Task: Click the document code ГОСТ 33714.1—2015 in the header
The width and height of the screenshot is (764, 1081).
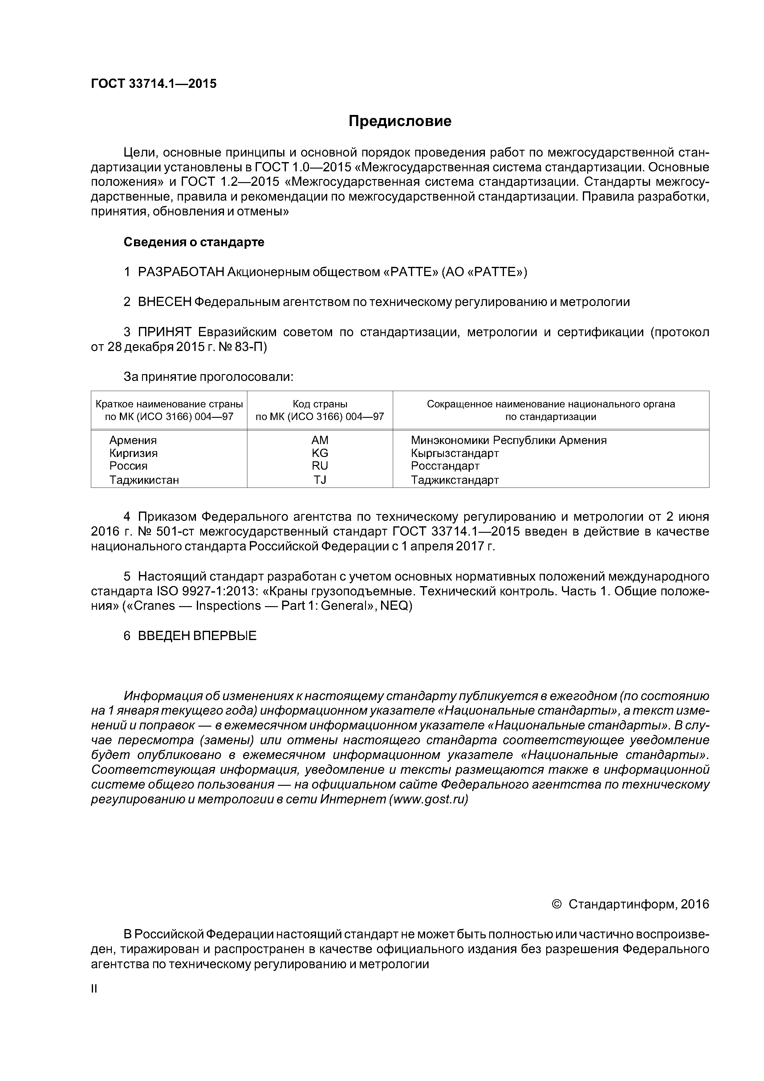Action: (153, 84)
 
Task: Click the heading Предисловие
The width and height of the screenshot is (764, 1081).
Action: (400, 121)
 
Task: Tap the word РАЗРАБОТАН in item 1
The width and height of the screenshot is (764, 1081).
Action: (181, 272)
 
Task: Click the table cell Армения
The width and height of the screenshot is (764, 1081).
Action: (133, 440)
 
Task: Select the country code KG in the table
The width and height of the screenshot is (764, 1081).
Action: (320, 453)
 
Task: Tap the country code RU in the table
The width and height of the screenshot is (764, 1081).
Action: (320, 466)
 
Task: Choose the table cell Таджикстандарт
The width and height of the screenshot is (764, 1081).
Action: (455, 480)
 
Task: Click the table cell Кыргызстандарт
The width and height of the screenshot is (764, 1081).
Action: (455, 453)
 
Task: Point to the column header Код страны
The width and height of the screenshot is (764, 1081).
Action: (320, 404)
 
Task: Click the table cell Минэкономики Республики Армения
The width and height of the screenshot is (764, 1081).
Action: (508, 440)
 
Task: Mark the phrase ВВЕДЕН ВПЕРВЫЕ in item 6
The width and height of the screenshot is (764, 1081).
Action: (197, 636)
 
